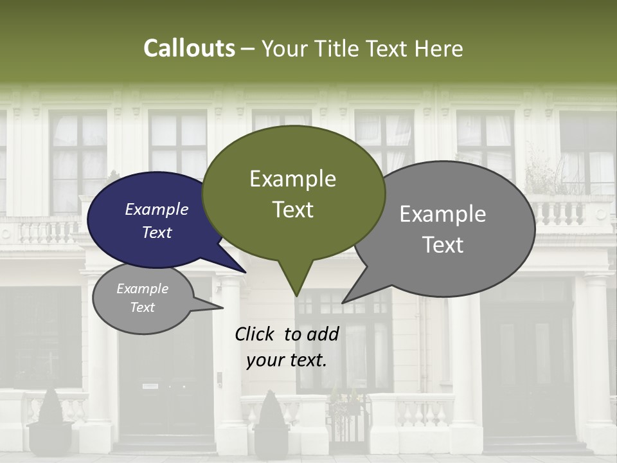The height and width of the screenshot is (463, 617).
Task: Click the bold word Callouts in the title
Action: [x=189, y=48]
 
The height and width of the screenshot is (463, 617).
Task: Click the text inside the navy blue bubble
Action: [x=156, y=221]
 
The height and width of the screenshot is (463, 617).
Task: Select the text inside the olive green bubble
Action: [x=292, y=194]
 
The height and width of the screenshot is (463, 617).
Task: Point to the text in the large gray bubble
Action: [x=443, y=229]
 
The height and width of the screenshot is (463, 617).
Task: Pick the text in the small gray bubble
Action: [x=142, y=298]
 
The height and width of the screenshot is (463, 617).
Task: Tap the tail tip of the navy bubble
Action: [x=244, y=271]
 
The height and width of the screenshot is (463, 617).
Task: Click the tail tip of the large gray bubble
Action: [x=344, y=302]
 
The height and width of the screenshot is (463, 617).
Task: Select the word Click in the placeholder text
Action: [x=255, y=334]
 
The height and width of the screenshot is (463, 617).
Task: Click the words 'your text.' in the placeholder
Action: [x=287, y=360]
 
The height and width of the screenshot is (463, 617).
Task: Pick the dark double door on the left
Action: [x=166, y=392]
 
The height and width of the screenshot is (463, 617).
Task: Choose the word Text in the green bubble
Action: [x=292, y=210]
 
